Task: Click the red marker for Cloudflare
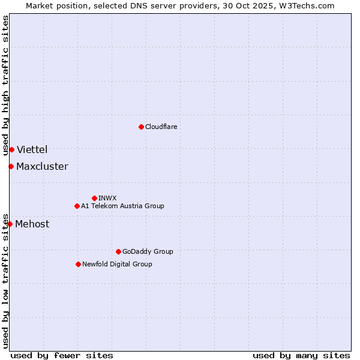141,127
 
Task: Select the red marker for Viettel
11,149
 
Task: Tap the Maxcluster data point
11,166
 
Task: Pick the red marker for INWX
94,198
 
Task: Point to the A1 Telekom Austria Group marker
77,206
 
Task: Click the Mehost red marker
10,224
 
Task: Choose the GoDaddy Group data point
118,251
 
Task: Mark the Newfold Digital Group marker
78,264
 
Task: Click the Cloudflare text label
161,127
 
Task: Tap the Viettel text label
32,149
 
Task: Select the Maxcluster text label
42,166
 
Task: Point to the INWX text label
107,198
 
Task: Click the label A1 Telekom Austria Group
122,206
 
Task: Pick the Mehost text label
32,224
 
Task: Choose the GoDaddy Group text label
148,251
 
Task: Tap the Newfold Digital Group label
117,264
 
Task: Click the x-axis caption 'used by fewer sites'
62,355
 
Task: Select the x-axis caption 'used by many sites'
301,355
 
